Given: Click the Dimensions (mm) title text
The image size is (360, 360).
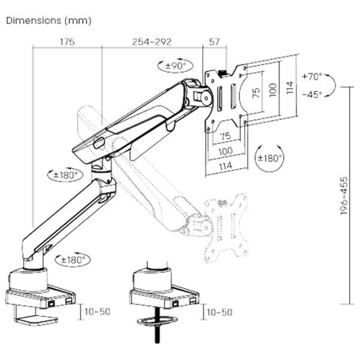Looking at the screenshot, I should [49, 22].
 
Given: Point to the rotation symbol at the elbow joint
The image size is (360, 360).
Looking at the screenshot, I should [67, 176].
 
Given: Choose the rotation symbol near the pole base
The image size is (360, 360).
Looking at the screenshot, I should [71, 260].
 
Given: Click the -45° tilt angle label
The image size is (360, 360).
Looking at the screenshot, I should [313, 94].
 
